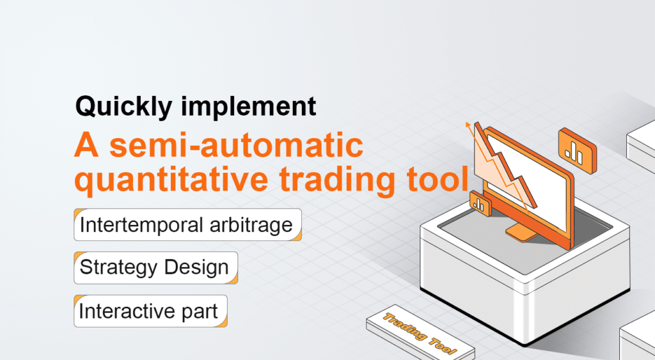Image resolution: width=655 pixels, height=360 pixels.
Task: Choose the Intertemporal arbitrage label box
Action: pos(187,225)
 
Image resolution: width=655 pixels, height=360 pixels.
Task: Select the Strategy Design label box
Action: pos(155,268)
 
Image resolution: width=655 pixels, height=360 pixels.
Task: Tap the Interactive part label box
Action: pos(150,311)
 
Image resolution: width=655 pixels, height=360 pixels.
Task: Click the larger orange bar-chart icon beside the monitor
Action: pos(577,148)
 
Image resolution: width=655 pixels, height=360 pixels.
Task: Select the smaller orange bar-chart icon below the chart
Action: pos(479,205)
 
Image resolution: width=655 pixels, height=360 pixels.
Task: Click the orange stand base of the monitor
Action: pos(521,233)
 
